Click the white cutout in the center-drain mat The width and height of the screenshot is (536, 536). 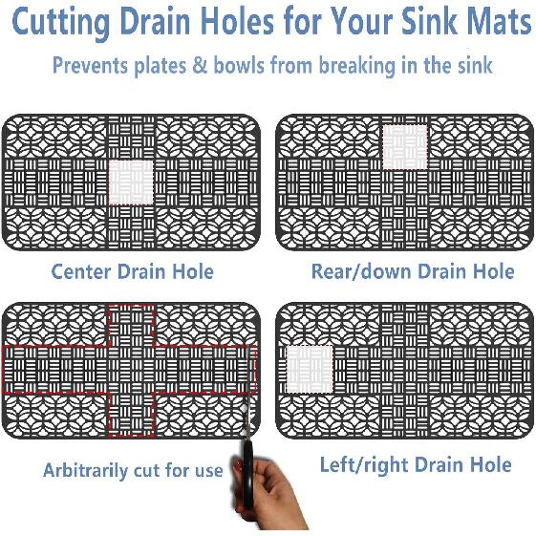coord(131,182)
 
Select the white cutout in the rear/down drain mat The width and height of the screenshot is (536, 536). coord(404,146)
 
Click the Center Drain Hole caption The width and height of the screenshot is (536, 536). coord(132,271)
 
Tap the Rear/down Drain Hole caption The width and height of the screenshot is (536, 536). coord(412,271)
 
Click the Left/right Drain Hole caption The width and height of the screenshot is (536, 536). coord(415,465)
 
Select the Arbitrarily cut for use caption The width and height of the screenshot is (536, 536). coord(132,470)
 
